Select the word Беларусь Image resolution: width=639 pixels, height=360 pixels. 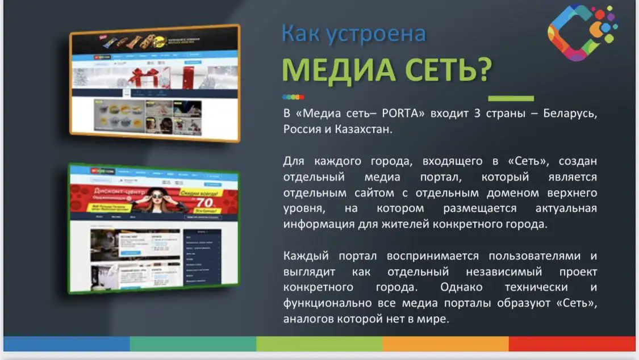point(570,113)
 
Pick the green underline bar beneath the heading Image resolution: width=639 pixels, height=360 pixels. point(511,98)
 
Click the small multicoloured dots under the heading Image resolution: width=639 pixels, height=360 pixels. point(293,97)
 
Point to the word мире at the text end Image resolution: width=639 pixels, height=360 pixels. point(435,319)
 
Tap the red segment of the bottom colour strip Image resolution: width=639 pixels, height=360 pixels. point(571,344)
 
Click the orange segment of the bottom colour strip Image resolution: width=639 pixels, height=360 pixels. point(445,344)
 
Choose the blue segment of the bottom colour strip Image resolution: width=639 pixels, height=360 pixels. point(66,344)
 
